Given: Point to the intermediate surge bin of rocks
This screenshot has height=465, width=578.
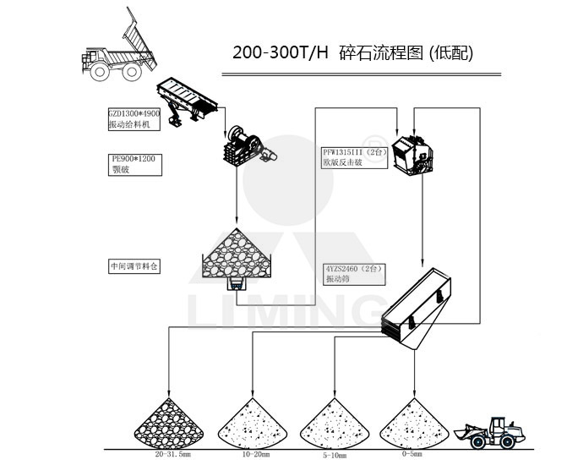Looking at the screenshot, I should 237,253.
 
